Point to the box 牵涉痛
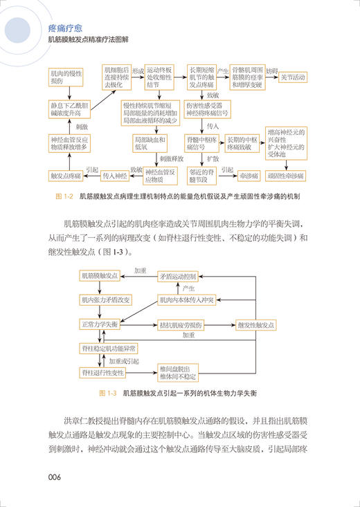[x=240, y=176]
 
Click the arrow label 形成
[x=138, y=71]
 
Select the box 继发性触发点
[x=256, y=325]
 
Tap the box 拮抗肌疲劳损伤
[x=183, y=325]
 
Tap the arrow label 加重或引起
[x=123, y=361]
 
